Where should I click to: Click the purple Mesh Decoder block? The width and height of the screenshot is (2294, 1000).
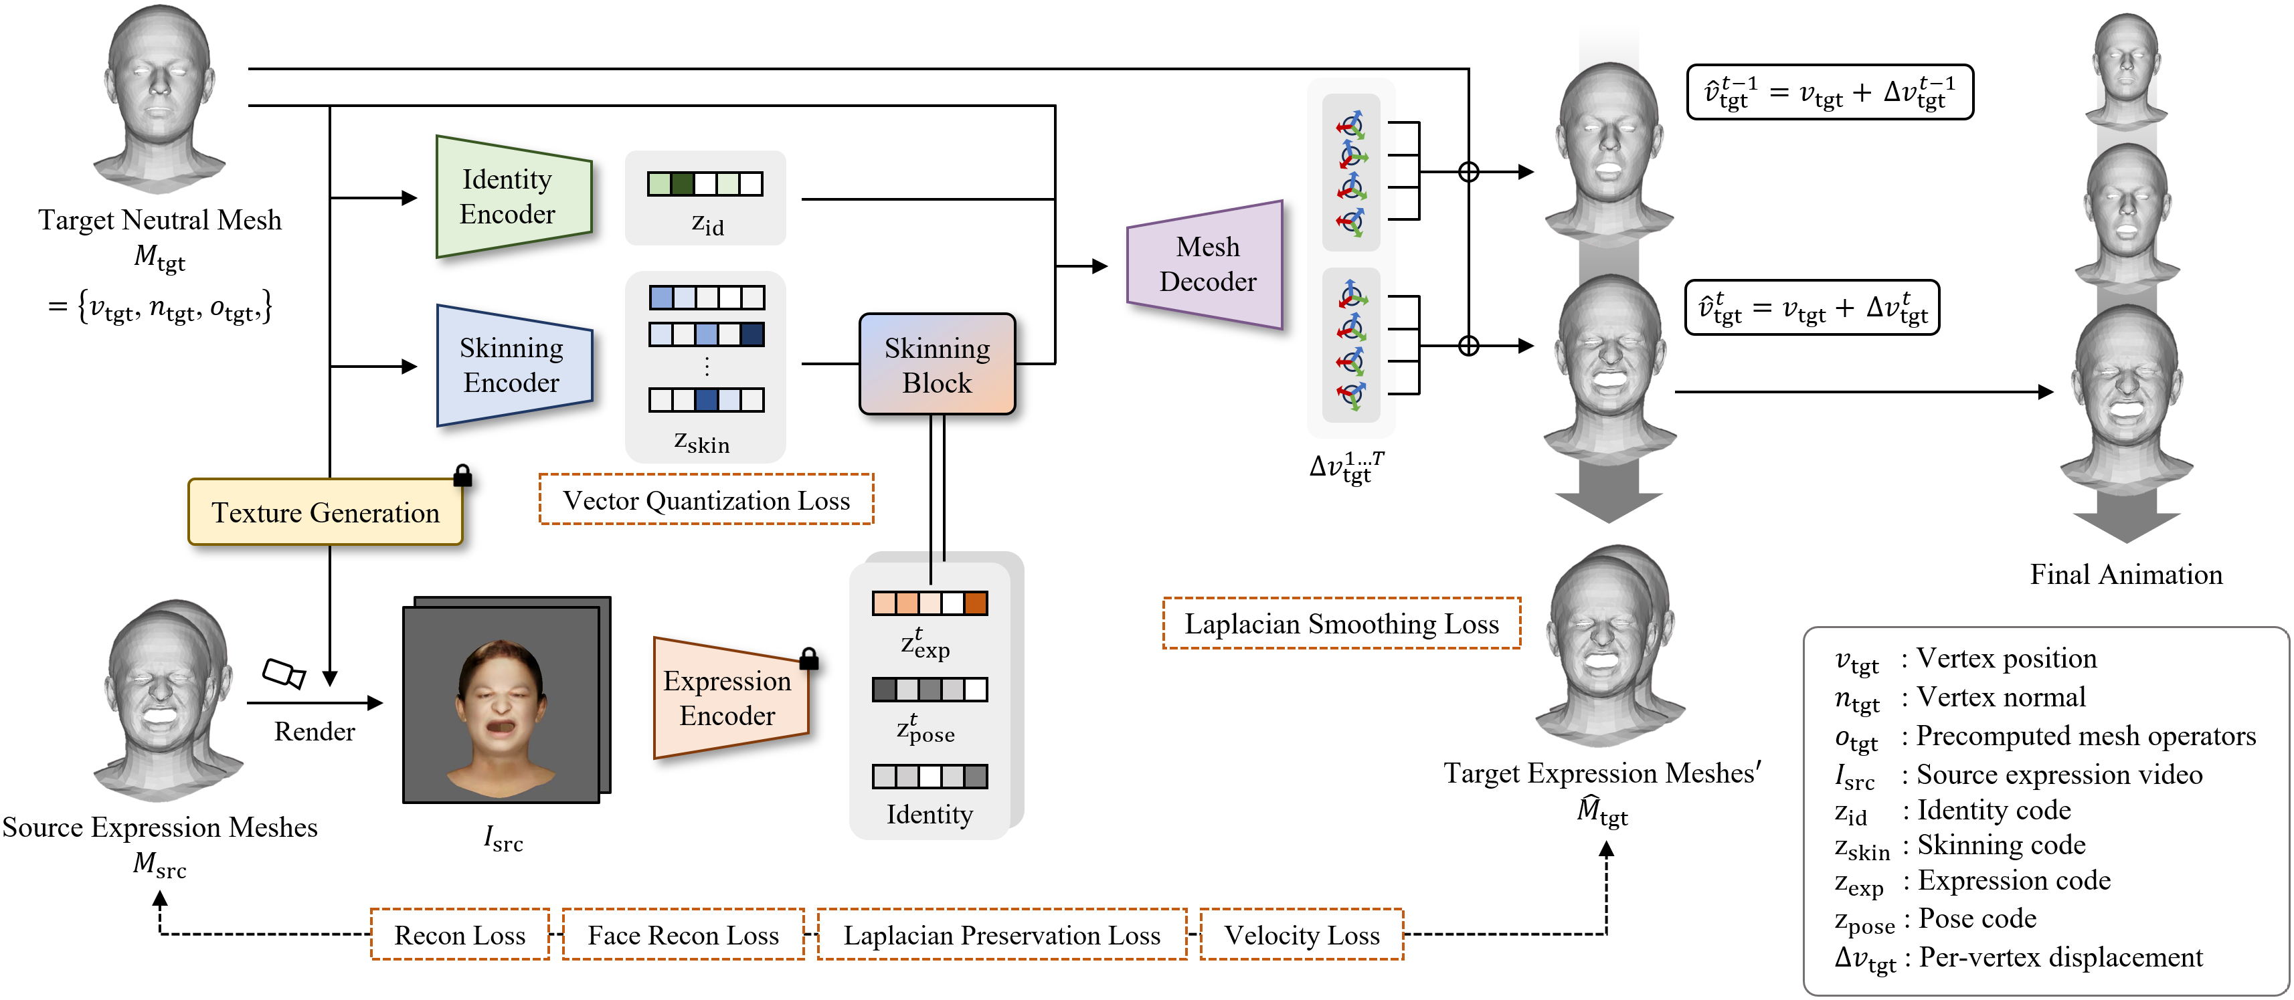(x=1207, y=264)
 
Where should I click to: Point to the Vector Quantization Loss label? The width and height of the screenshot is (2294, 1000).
(x=706, y=500)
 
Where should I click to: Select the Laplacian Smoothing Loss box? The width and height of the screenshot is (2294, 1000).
(x=1341, y=623)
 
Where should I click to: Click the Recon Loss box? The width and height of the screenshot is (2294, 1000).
(x=460, y=935)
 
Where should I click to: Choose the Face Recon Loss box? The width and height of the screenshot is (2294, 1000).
(x=683, y=935)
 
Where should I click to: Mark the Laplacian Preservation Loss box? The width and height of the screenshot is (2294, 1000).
(x=1002, y=935)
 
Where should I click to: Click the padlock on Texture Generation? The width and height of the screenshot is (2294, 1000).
(x=462, y=476)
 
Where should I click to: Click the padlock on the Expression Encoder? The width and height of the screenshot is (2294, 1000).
(x=808, y=659)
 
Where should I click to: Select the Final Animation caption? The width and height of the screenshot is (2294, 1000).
(x=2125, y=575)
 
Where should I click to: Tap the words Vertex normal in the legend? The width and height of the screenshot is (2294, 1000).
(x=2000, y=697)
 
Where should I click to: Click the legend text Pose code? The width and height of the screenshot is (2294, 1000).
(x=1977, y=918)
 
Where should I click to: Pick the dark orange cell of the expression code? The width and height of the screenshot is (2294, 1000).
(x=975, y=604)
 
